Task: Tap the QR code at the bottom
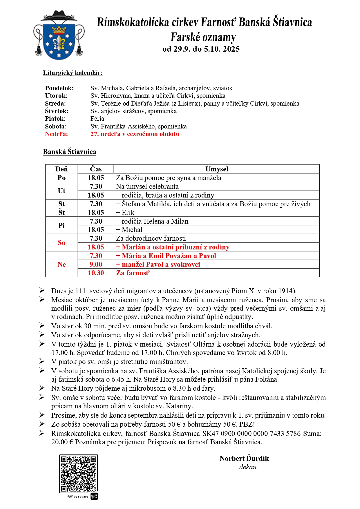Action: [78, 473]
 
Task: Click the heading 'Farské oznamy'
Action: [203, 37]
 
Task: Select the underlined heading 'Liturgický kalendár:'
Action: [73, 73]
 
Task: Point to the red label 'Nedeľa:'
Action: [56, 134]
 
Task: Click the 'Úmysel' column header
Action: [217, 169]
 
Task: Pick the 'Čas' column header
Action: [96, 169]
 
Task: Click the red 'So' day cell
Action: [61, 243]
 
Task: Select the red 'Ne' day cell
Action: [61, 265]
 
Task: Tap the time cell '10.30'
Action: [96, 273]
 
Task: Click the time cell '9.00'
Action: [96, 265]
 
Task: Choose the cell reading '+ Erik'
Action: [125, 213]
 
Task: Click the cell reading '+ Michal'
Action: [129, 230]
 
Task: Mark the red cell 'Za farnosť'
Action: [133, 273]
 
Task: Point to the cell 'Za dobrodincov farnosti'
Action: [151, 238]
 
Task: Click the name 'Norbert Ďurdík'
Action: [244, 459]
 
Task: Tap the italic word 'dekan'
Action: [248, 467]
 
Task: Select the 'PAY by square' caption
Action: [77, 497]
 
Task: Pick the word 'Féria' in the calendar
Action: [97, 119]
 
